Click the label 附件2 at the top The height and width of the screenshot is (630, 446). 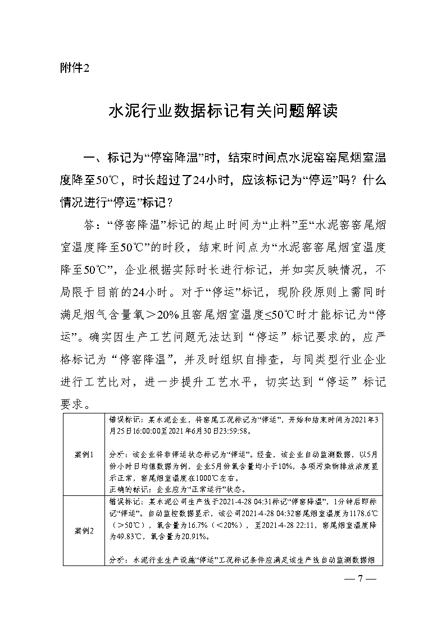coord(74,68)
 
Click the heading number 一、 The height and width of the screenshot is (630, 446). coord(94,159)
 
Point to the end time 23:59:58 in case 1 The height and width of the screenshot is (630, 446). coord(239,433)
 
